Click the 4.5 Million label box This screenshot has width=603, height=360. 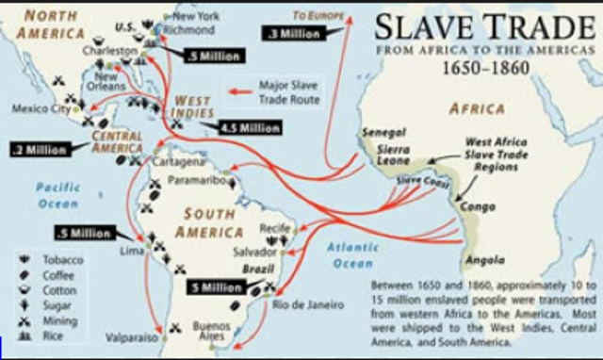[248, 126]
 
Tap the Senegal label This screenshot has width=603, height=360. [385, 133]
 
